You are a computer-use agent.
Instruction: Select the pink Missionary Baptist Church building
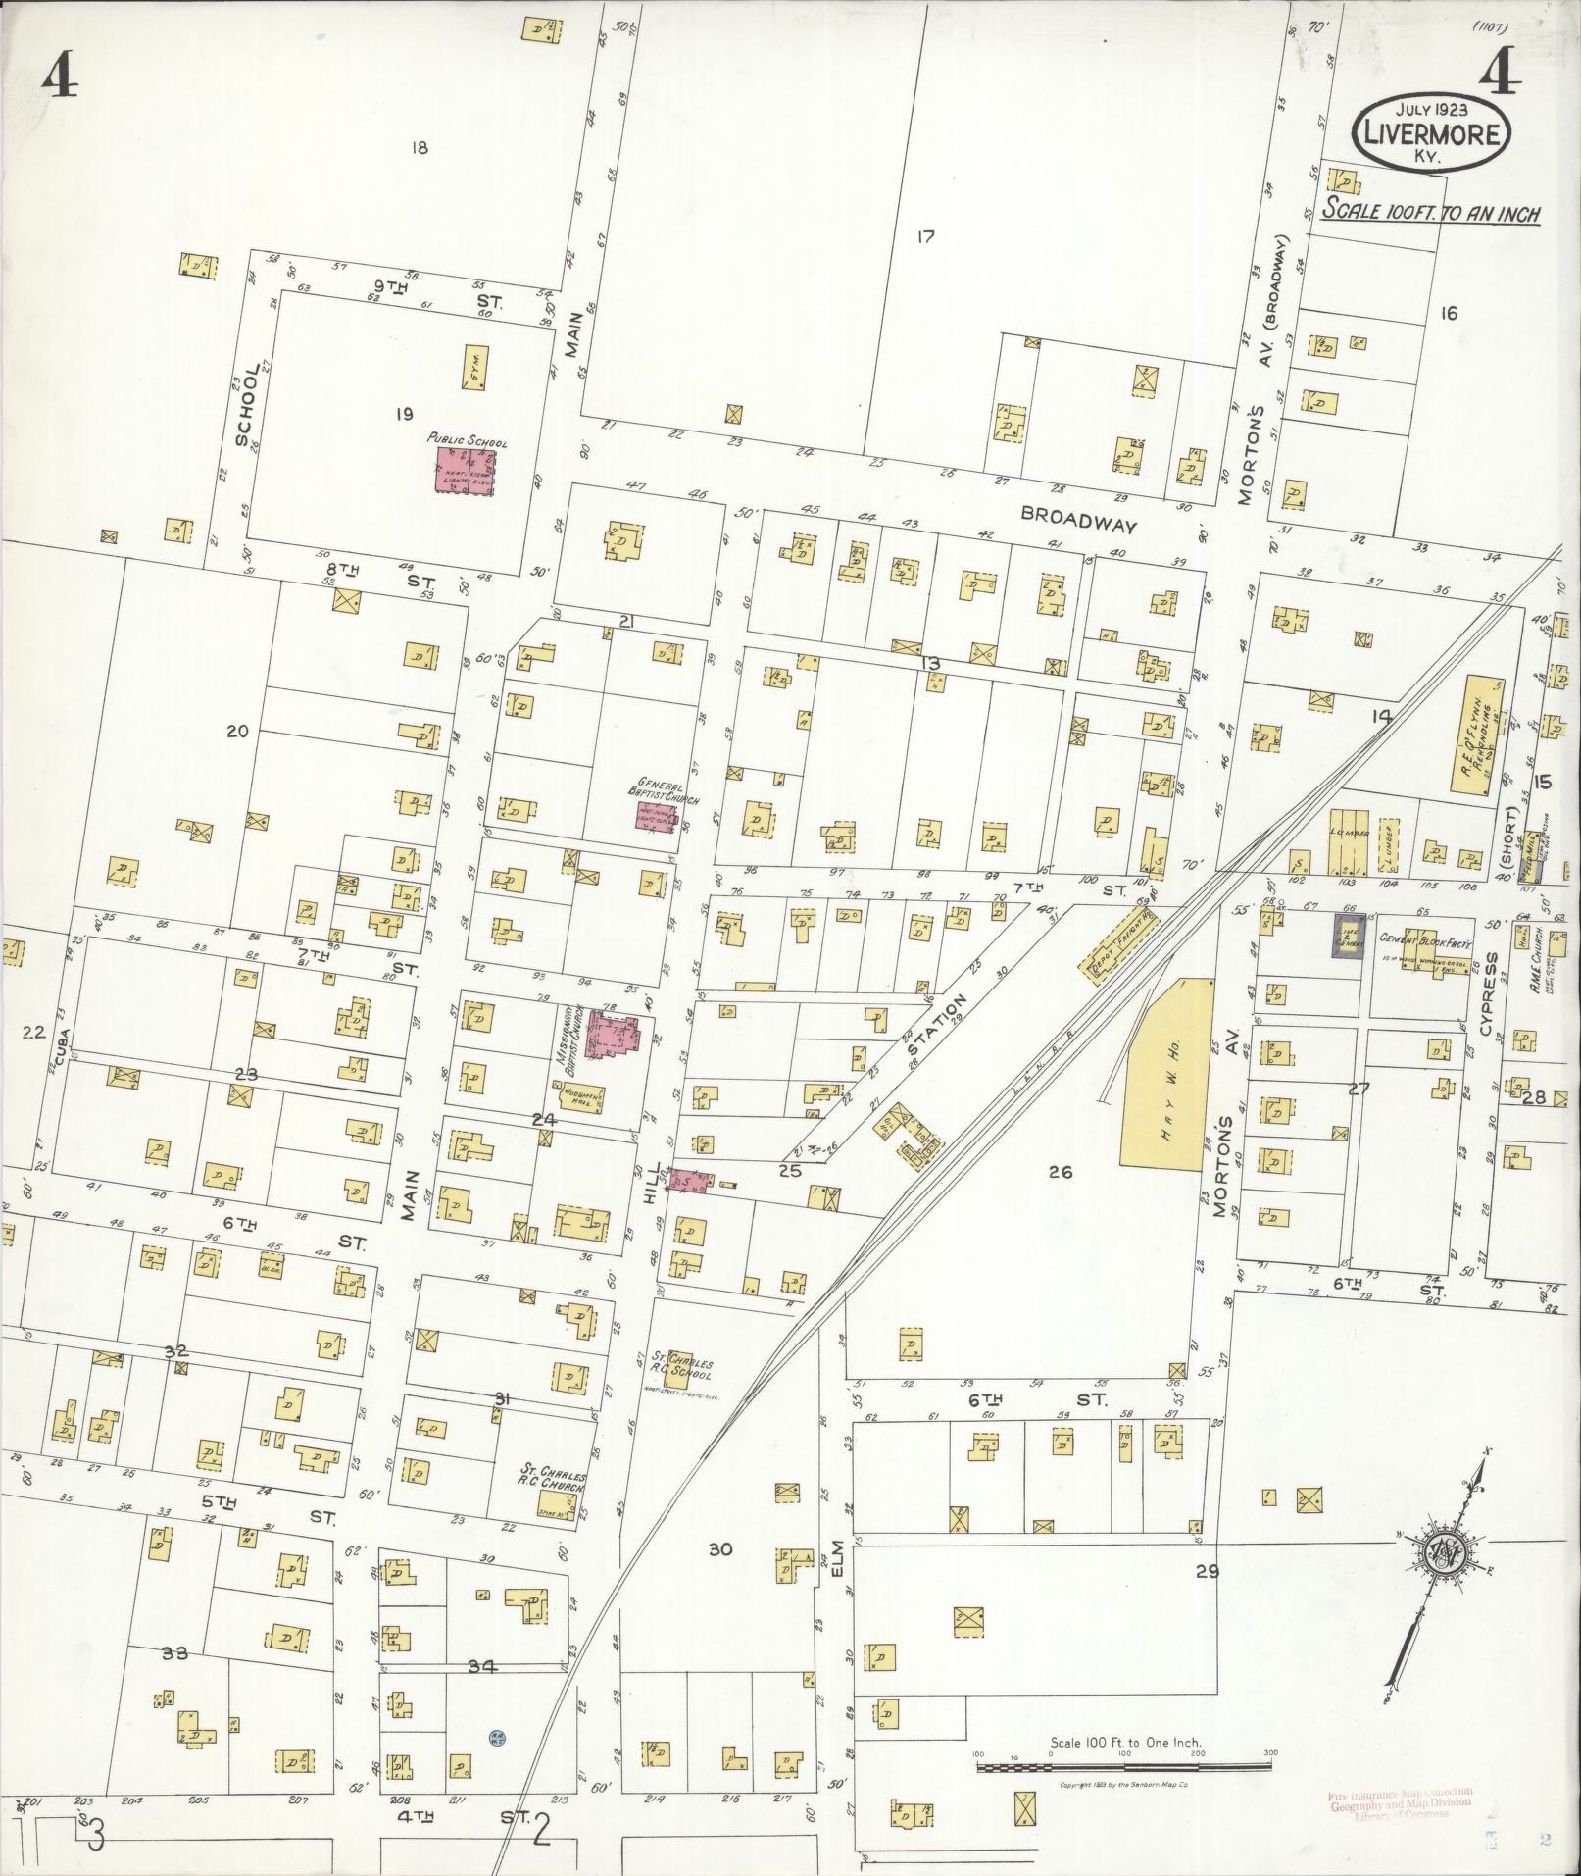(x=613, y=1036)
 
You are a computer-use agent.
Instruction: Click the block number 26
(x=1061, y=1171)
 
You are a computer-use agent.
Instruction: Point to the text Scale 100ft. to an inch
(x=1429, y=212)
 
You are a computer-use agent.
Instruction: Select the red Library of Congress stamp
(x=1399, y=1802)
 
